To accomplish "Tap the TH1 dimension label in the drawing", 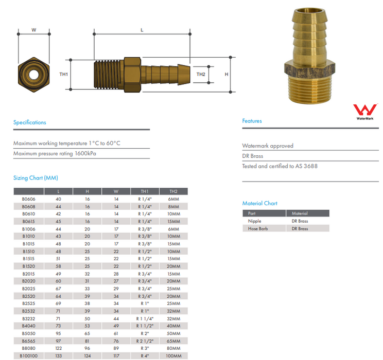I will pos(64,74).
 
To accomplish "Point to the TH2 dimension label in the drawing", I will pos(201,74).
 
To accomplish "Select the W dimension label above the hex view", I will pos(33,30).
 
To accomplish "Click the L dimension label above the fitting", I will pos(142,30).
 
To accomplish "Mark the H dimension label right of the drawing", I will pos(227,74).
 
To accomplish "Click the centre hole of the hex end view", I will pos(33,74).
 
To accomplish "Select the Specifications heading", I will pos(29,122).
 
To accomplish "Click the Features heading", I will pos(252,121).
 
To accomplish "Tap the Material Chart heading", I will pos(259,203).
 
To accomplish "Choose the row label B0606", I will pos(28,199).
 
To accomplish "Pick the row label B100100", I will pos(28,356).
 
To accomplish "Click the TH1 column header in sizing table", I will pos(144,191).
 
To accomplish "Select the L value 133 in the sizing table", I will pos(58,356).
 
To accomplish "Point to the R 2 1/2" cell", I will pos(144,341).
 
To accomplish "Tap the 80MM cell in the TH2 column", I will pos(173,348).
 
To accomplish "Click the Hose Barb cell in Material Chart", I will pos(257,228).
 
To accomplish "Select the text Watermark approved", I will pos(268,146).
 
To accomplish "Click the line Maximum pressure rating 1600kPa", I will pos(55,153).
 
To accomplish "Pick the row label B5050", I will pos(28,334).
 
